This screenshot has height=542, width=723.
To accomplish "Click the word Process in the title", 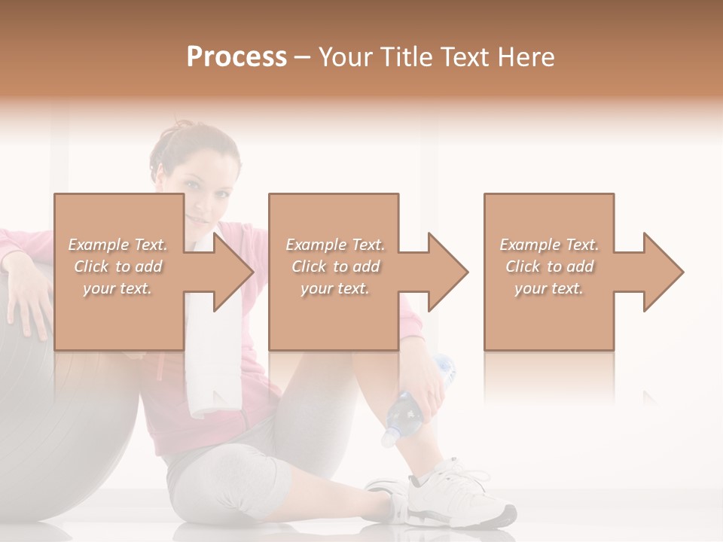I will coord(236,57).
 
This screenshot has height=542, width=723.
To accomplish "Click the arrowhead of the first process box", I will coord(233,272).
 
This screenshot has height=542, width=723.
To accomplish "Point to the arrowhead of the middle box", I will coord(448,272).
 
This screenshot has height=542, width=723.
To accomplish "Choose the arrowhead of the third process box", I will coord(663,272).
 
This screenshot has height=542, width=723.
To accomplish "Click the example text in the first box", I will coord(117,266).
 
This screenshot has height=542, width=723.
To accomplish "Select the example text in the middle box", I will coord(334,266).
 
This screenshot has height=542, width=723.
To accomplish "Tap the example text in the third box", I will coord(549,266).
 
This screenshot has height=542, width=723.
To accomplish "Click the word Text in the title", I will coord(462,57).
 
